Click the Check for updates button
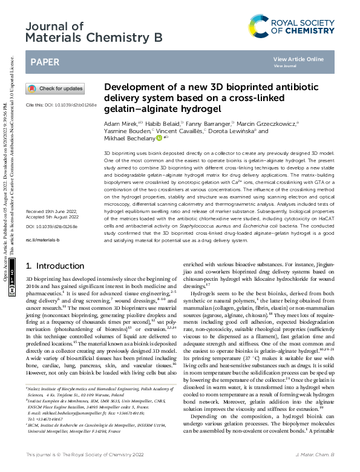(55, 88)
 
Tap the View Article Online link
(298, 59)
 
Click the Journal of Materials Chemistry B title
(94, 32)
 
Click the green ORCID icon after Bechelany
(159, 138)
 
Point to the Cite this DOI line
(61, 105)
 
